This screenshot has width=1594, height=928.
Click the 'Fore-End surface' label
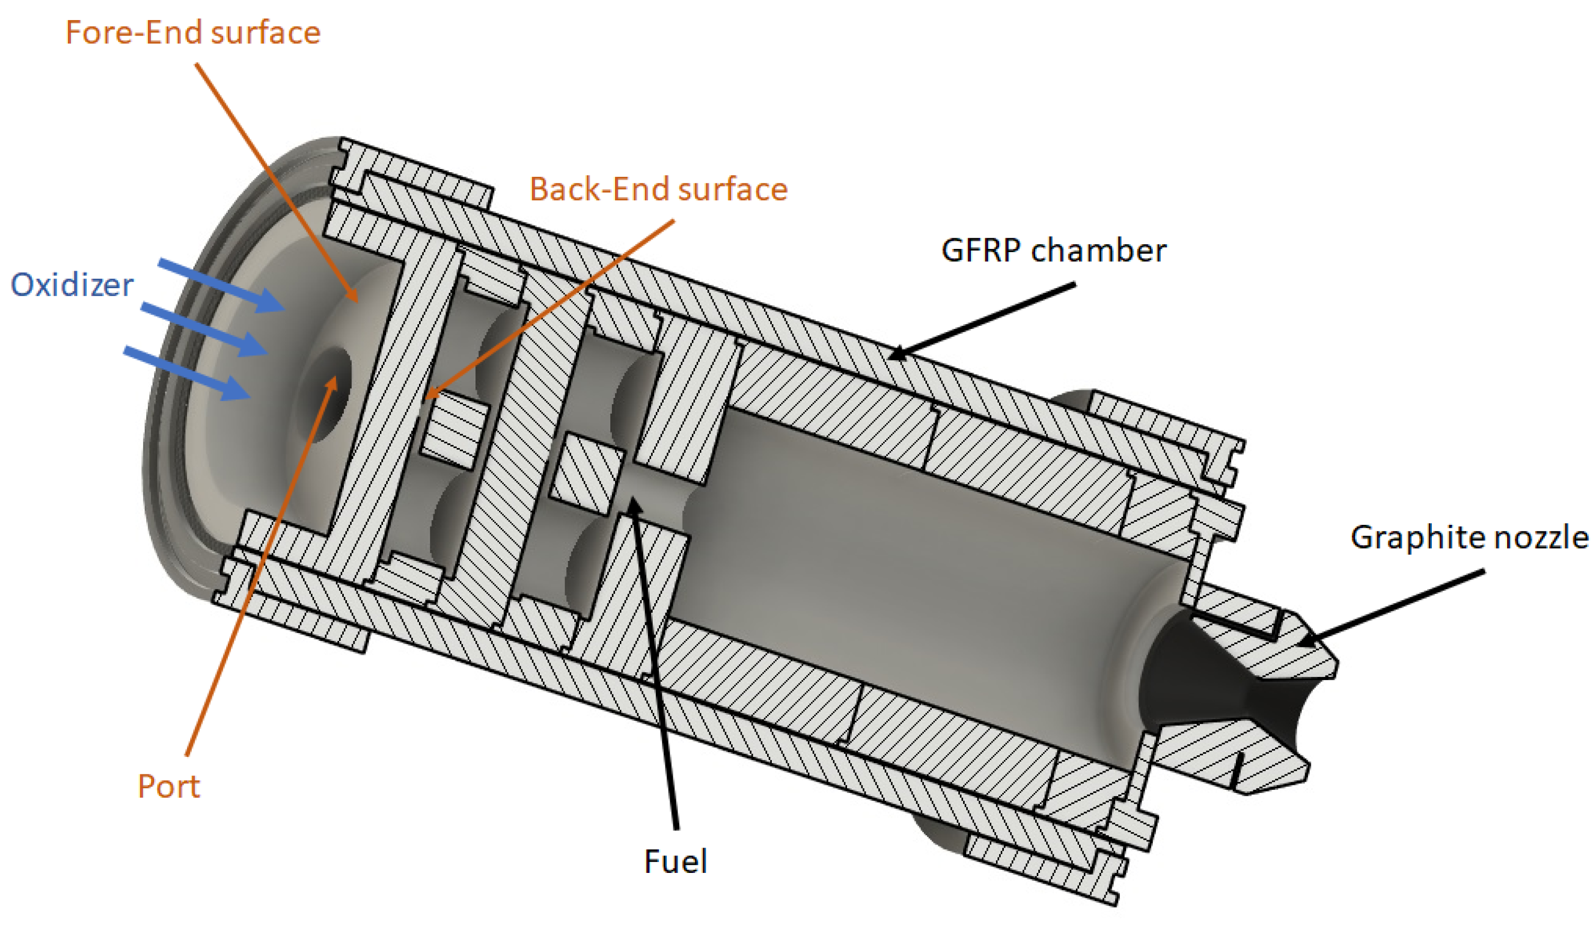coord(193,33)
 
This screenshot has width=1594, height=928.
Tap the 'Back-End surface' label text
coord(658,189)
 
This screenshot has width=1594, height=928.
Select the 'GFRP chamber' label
coord(1053,251)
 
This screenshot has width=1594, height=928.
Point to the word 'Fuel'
coord(675,862)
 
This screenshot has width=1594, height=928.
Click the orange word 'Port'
coord(168,786)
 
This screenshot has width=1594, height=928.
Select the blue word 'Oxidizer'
coord(72,284)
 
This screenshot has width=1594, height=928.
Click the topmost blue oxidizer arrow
coord(221,286)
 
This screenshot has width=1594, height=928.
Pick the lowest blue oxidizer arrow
coord(186,373)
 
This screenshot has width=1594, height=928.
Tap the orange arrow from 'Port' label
coord(260,569)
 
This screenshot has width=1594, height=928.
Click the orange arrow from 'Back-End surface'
coord(550,310)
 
